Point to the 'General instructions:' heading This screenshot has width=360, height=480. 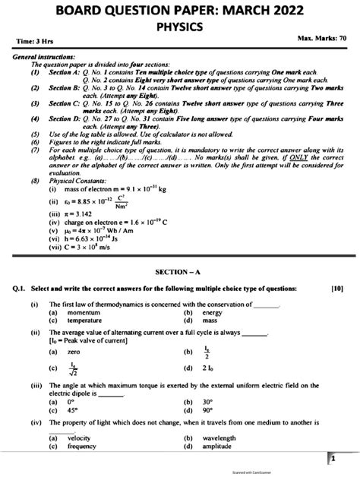click(46, 58)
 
